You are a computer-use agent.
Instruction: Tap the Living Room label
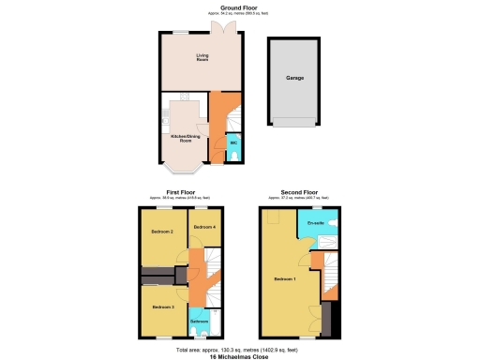(202, 59)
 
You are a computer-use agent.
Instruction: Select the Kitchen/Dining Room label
(185, 138)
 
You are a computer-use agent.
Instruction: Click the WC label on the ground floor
(232, 142)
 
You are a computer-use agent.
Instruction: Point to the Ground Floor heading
(225, 8)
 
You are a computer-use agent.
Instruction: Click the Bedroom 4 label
(204, 227)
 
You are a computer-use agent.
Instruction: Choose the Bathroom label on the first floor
(200, 322)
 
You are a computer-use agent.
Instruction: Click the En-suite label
(314, 223)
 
